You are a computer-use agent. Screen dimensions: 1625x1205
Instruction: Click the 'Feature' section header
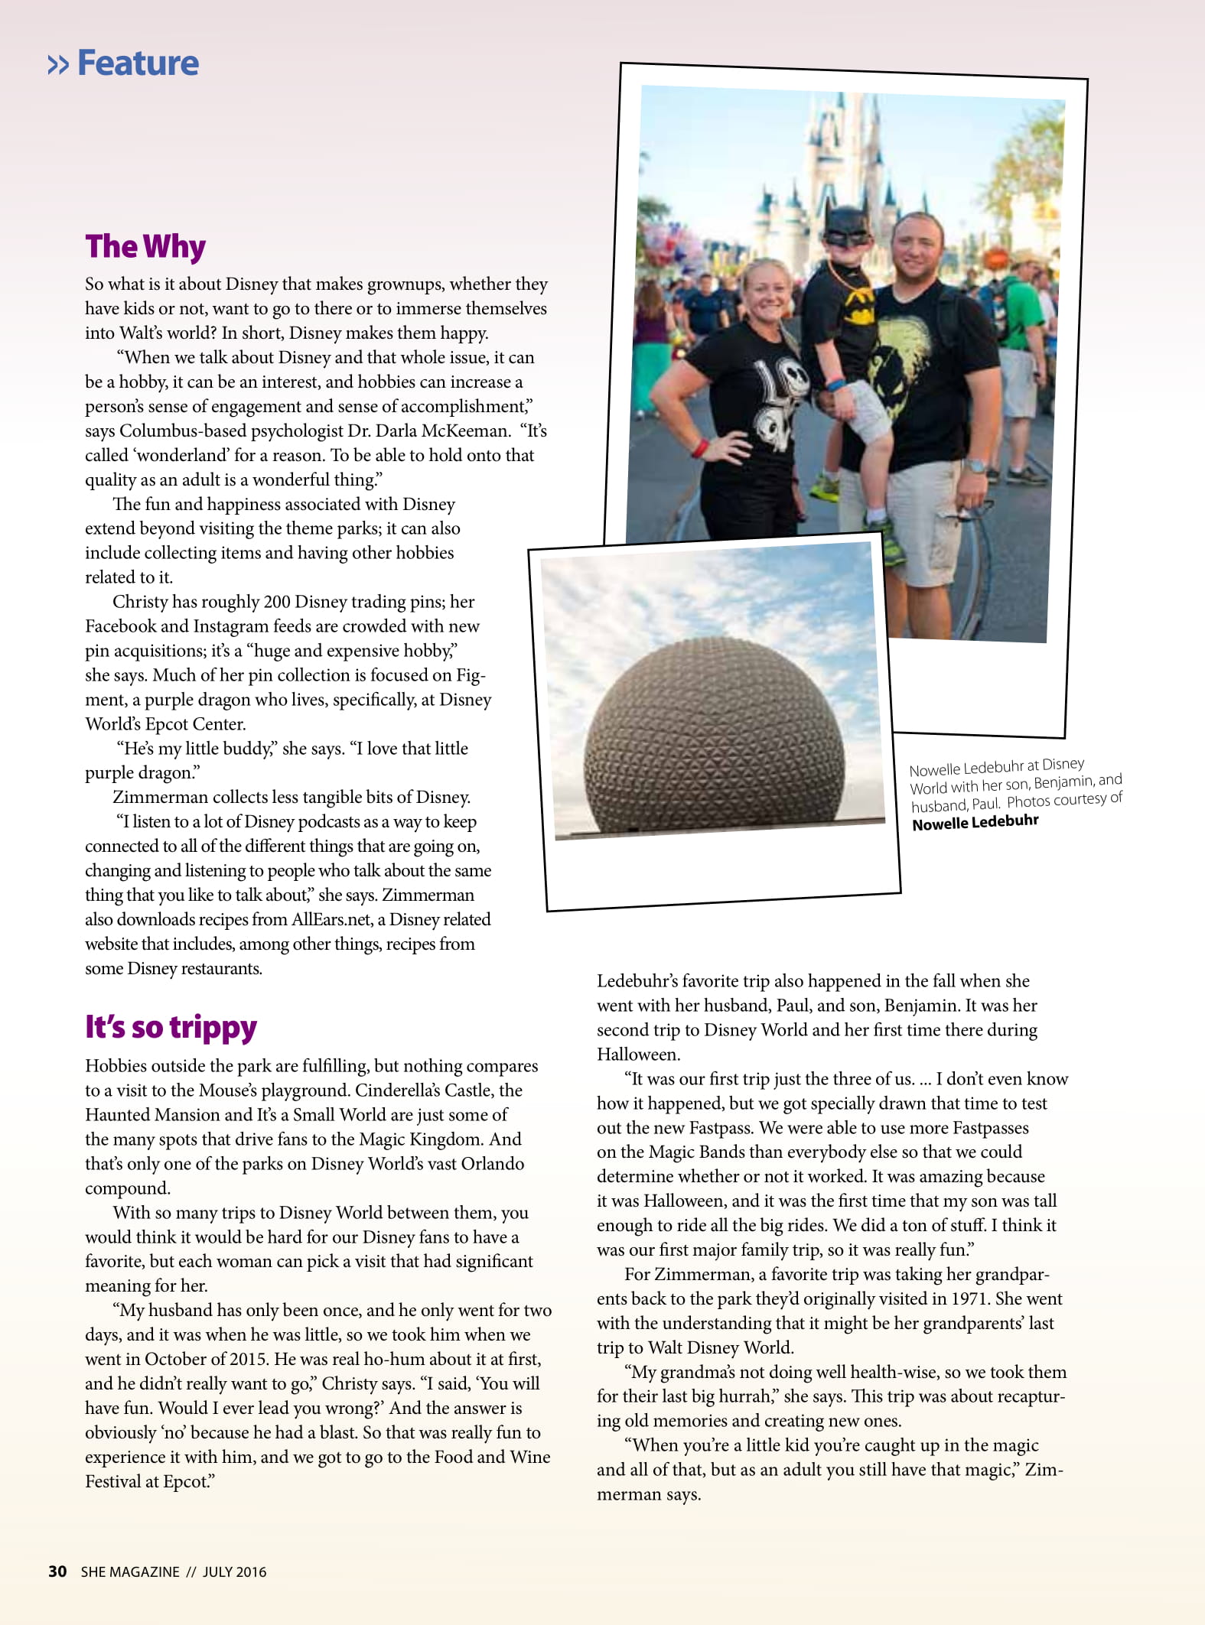pos(138,63)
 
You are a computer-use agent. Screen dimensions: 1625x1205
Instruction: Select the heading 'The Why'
pos(145,247)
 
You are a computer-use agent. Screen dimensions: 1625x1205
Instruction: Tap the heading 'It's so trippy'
pos(171,1027)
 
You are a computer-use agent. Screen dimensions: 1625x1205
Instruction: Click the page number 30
pos(57,1571)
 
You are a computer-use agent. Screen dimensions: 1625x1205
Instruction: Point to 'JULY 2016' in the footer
pos(234,1572)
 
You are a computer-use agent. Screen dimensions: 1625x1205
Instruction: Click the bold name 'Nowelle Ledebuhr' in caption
pos(975,822)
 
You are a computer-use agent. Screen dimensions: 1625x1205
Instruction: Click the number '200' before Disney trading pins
pos(276,603)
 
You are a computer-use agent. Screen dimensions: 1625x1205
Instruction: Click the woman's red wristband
pos(699,448)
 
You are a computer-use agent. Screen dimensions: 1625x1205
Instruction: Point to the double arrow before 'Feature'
pos(58,65)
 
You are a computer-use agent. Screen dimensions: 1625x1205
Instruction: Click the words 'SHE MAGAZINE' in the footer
pos(130,1572)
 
